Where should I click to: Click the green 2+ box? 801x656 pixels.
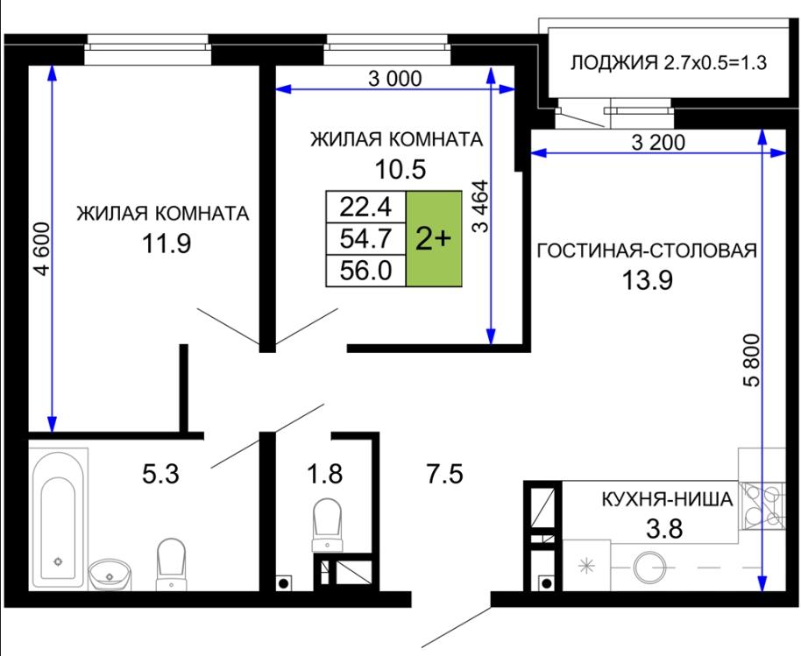pyautogui.click(x=434, y=238)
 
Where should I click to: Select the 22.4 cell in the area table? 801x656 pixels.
pyautogui.click(x=365, y=207)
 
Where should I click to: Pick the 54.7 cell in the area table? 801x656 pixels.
pyautogui.click(x=365, y=238)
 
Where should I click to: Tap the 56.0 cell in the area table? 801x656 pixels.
pyautogui.click(x=365, y=270)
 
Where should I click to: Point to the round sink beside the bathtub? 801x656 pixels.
pyautogui.click(x=110, y=575)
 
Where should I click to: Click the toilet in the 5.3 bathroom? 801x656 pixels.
pyautogui.click(x=171, y=564)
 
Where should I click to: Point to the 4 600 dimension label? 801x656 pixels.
pyautogui.click(x=42, y=249)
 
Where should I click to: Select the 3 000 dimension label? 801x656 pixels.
pyautogui.click(x=395, y=79)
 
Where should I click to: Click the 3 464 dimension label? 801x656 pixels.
pyautogui.click(x=480, y=206)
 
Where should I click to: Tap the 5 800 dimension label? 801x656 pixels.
pyautogui.click(x=752, y=359)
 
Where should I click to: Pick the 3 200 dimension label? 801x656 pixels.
pyautogui.click(x=658, y=143)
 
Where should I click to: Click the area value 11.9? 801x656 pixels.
pyautogui.click(x=167, y=243)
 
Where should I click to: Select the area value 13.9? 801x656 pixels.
pyautogui.click(x=648, y=279)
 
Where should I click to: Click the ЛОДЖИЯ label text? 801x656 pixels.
pyautogui.click(x=614, y=63)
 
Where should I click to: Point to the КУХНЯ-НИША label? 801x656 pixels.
pyautogui.click(x=668, y=498)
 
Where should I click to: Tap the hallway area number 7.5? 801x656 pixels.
pyautogui.click(x=445, y=473)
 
